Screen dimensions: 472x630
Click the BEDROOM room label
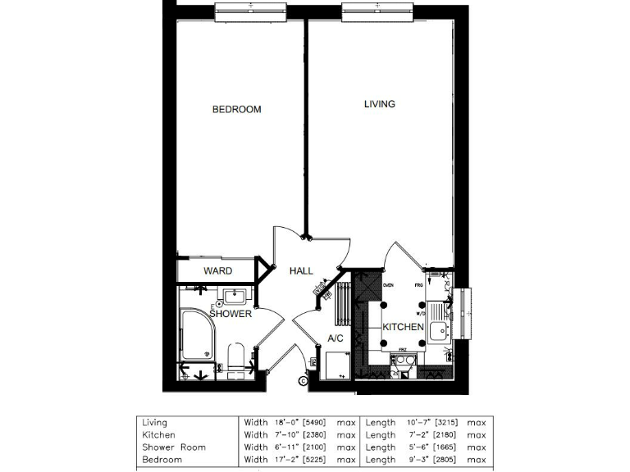tap(236, 110)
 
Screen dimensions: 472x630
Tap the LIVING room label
tap(380, 104)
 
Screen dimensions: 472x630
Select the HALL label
tap(302, 271)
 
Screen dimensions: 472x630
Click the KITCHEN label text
tap(404, 327)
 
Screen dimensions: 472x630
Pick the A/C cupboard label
tap(335, 338)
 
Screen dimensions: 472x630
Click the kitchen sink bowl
tap(437, 331)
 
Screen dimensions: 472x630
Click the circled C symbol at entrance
tap(303, 379)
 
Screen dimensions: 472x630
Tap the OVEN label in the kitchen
tap(389, 284)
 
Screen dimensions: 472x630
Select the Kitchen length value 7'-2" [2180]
tap(433, 435)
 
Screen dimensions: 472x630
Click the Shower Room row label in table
tap(174, 447)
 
